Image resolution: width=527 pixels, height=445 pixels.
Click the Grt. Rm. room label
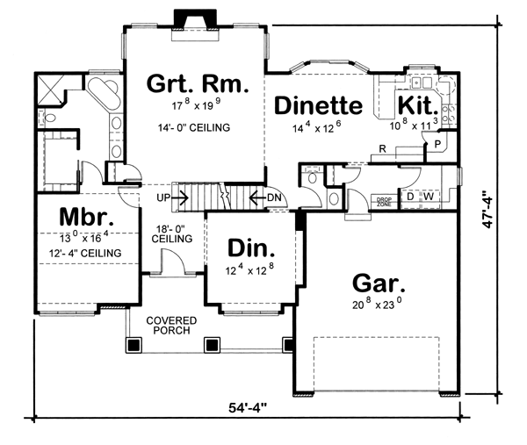(198, 83)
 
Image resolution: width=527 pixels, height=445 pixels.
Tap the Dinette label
(318, 105)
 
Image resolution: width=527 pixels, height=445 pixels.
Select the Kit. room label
(418, 105)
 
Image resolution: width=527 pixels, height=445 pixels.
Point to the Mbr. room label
(86, 217)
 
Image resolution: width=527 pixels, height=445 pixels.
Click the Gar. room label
(379, 284)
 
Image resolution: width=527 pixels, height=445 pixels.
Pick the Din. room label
(251, 248)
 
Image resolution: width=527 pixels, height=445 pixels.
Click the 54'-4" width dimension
(248, 408)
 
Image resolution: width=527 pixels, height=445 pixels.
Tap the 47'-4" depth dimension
(488, 210)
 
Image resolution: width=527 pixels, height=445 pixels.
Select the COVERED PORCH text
(171, 325)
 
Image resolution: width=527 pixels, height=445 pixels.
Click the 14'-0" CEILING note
(194, 127)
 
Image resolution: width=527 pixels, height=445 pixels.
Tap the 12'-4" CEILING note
(85, 253)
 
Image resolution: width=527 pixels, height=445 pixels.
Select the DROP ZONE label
(384, 202)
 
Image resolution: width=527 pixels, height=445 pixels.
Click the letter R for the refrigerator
(382, 148)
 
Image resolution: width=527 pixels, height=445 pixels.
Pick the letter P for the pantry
(437, 144)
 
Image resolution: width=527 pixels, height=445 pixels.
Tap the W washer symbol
(429, 196)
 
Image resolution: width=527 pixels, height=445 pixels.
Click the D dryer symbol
(410, 196)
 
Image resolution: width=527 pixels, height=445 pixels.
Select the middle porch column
(212, 344)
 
